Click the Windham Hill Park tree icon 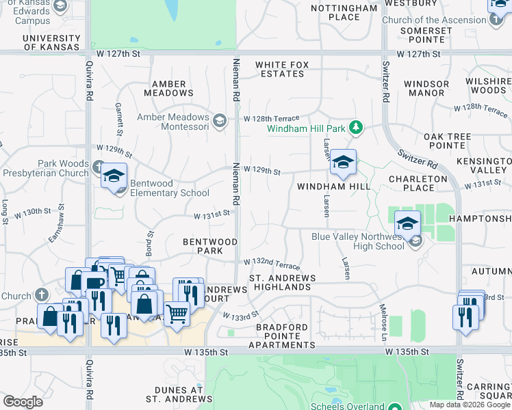tap(355, 127)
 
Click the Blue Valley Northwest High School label tap(357, 241)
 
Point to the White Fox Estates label tap(282, 69)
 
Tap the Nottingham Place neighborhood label tap(344, 12)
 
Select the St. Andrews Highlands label tap(283, 282)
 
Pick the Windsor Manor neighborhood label tap(426, 88)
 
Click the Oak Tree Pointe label tap(448, 141)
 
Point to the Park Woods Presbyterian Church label tap(45, 169)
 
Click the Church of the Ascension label tap(434, 20)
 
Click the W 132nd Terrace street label tap(272, 262)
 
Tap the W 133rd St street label tap(240, 315)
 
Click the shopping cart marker tap(177, 315)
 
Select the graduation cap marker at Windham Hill tap(344, 163)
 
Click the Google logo tap(23, 402)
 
